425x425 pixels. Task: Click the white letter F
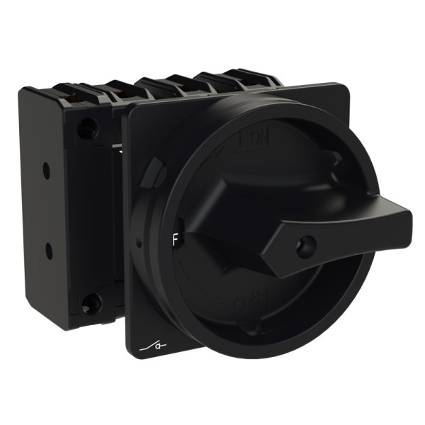coord(175,238)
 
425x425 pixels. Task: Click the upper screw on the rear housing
coord(89,128)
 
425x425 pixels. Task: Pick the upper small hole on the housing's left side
coord(46,169)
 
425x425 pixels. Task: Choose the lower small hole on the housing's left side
coord(48,250)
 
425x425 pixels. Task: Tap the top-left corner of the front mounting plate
coord(127,110)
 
